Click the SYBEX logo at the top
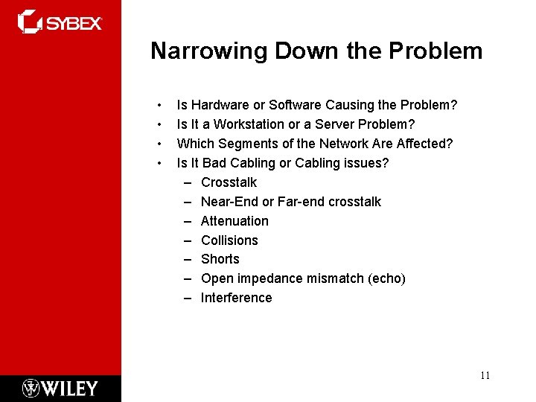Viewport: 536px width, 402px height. point(60,22)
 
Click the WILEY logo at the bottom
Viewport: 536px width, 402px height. point(60,388)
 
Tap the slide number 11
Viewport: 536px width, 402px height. point(485,375)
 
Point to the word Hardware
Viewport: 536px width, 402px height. point(217,105)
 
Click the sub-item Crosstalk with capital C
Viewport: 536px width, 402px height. point(229,182)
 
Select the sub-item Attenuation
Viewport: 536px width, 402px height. point(234,221)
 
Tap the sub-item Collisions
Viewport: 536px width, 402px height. point(229,240)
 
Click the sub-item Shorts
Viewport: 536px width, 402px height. point(220,259)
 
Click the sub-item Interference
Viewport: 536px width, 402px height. point(236,298)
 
